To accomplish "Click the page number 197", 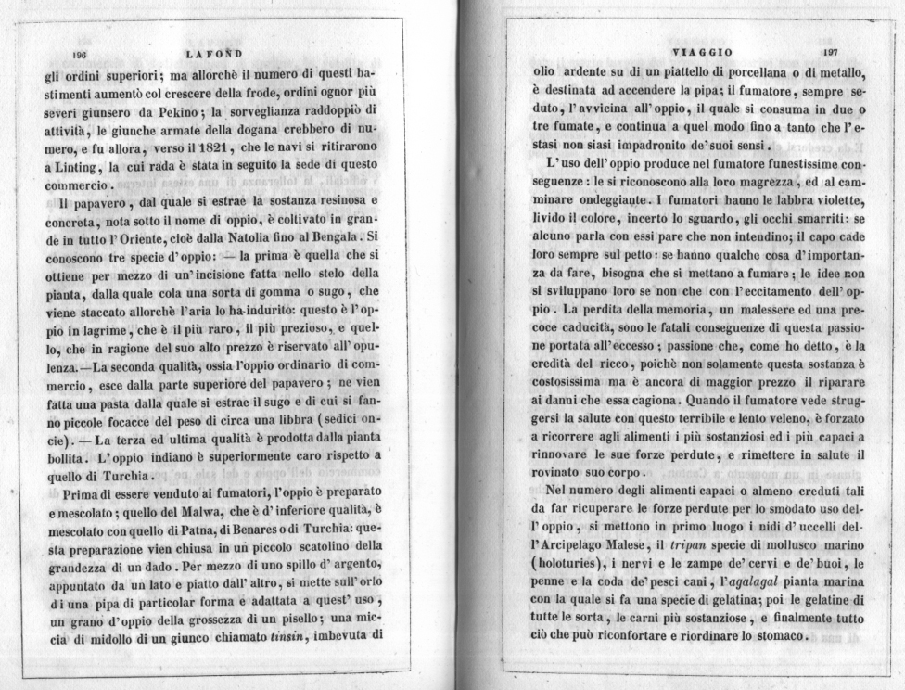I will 831,53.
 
